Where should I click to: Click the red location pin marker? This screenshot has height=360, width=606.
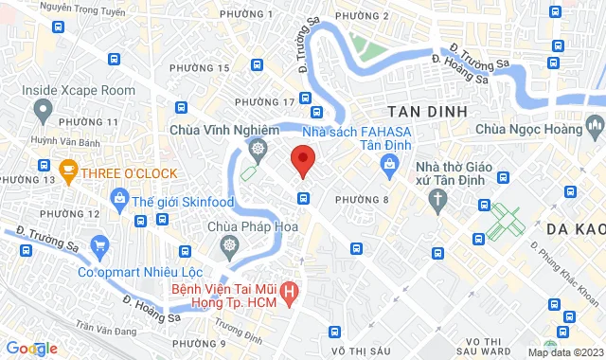pos(302,159)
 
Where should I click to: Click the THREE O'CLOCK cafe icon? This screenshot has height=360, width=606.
pos(67,171)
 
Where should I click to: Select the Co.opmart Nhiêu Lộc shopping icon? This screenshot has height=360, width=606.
pos(100,250)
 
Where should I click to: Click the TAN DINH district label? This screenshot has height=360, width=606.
pos(427,111)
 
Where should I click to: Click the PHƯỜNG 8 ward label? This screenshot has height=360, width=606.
pos(360,199)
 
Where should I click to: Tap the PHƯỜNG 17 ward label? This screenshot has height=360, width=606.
pos(264,101)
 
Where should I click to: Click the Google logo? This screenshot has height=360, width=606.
pos(31,349)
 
